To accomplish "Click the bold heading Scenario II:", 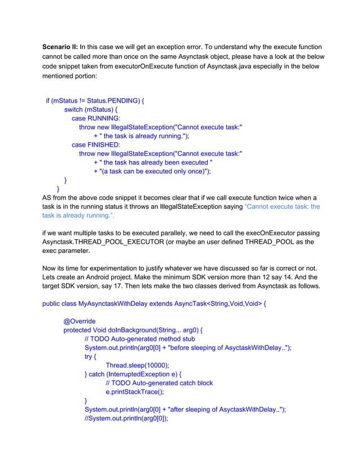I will (x=60, y=46).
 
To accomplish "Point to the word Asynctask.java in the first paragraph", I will (x=208, y=66).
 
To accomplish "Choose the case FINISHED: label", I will (x=96, y=145).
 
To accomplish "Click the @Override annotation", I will (x=79, y=321).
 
